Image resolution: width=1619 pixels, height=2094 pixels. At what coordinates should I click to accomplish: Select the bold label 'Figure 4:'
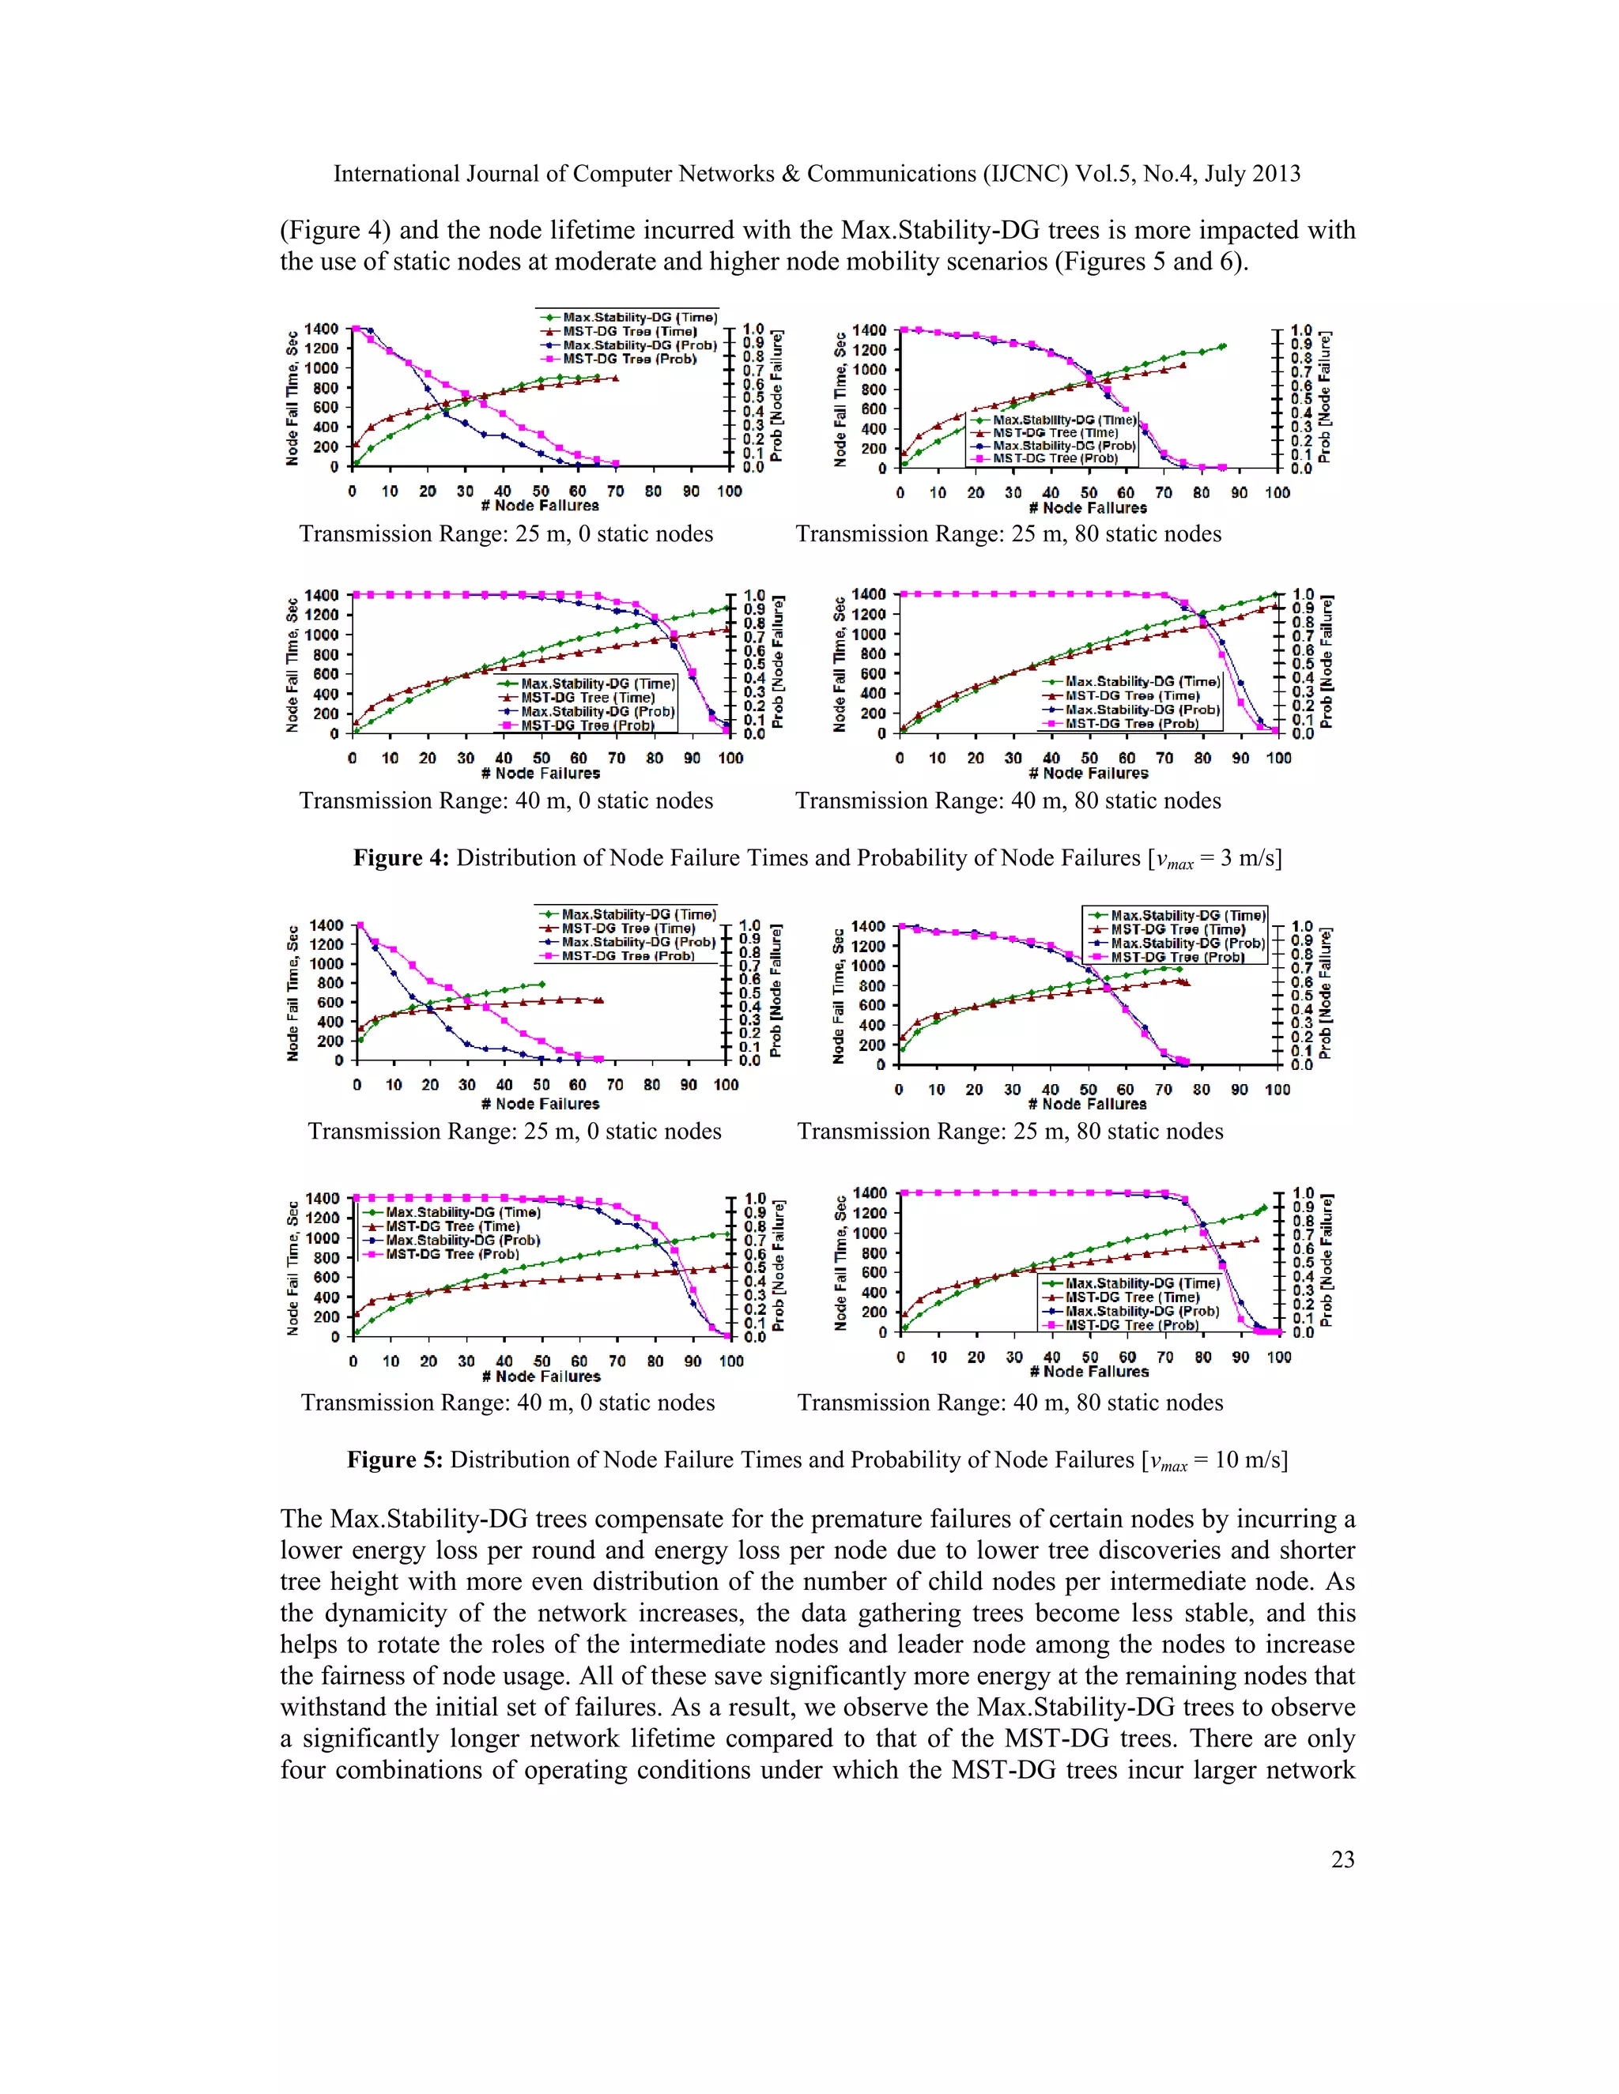click(x=400, y=858)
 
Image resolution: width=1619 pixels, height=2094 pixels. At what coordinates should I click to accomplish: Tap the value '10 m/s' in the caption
click(x=1246, y=1460)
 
